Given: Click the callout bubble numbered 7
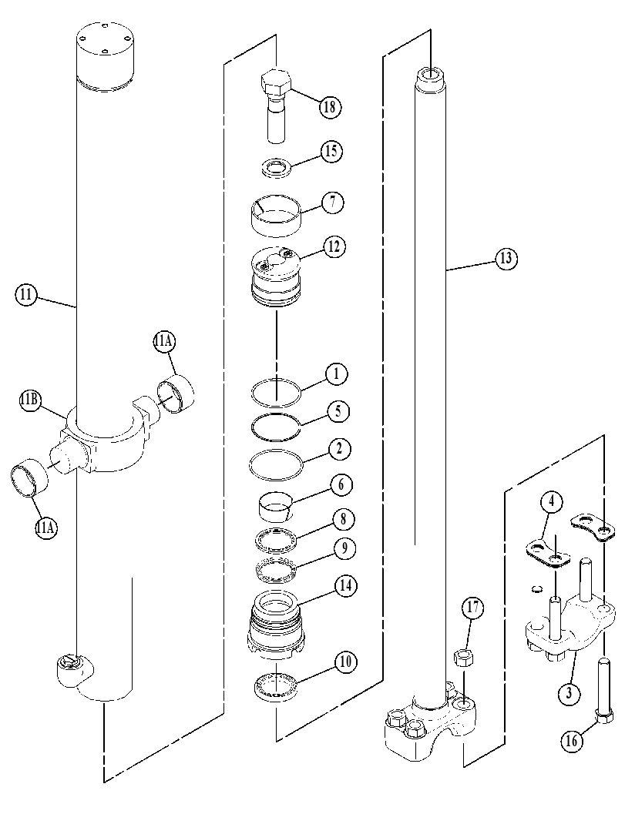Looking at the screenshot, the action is tap(333, 203).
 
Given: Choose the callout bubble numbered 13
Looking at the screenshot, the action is tap(506, 258).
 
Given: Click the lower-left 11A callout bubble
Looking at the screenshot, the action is tap(46, 528).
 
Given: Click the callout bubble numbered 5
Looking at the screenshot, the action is tap(338, 410).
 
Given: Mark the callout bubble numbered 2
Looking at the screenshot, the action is tap(339, 447).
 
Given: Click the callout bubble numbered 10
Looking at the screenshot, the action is tap(345, 662).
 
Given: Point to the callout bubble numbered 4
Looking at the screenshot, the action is tap(552, 501).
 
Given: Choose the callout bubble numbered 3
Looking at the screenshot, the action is tap(569, 692).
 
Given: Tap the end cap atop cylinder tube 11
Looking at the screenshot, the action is tap(105, 52).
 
